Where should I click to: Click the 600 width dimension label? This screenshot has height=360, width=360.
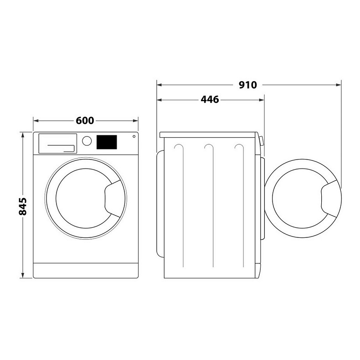85,121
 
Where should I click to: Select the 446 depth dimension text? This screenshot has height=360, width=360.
210,99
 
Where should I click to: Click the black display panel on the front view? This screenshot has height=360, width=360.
107,142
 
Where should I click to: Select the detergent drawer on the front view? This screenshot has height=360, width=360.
57,143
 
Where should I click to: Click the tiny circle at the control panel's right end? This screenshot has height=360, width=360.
134,136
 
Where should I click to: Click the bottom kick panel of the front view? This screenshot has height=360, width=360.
86,270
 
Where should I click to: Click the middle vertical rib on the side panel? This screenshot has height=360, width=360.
209,205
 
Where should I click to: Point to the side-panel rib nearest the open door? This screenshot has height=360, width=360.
239,205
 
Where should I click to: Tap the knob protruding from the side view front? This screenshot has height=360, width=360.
262,141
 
